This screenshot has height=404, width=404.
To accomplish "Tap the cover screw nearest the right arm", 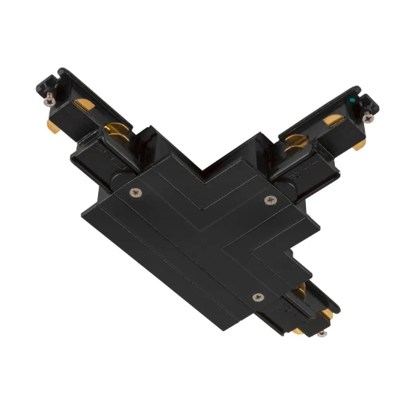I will pyautogui.click(x=271, y=198).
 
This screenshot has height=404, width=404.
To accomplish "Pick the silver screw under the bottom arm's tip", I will pyautogui.click(x=322, y=333).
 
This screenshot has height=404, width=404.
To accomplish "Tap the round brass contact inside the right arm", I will pyautogui.click(x=295, y=140).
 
